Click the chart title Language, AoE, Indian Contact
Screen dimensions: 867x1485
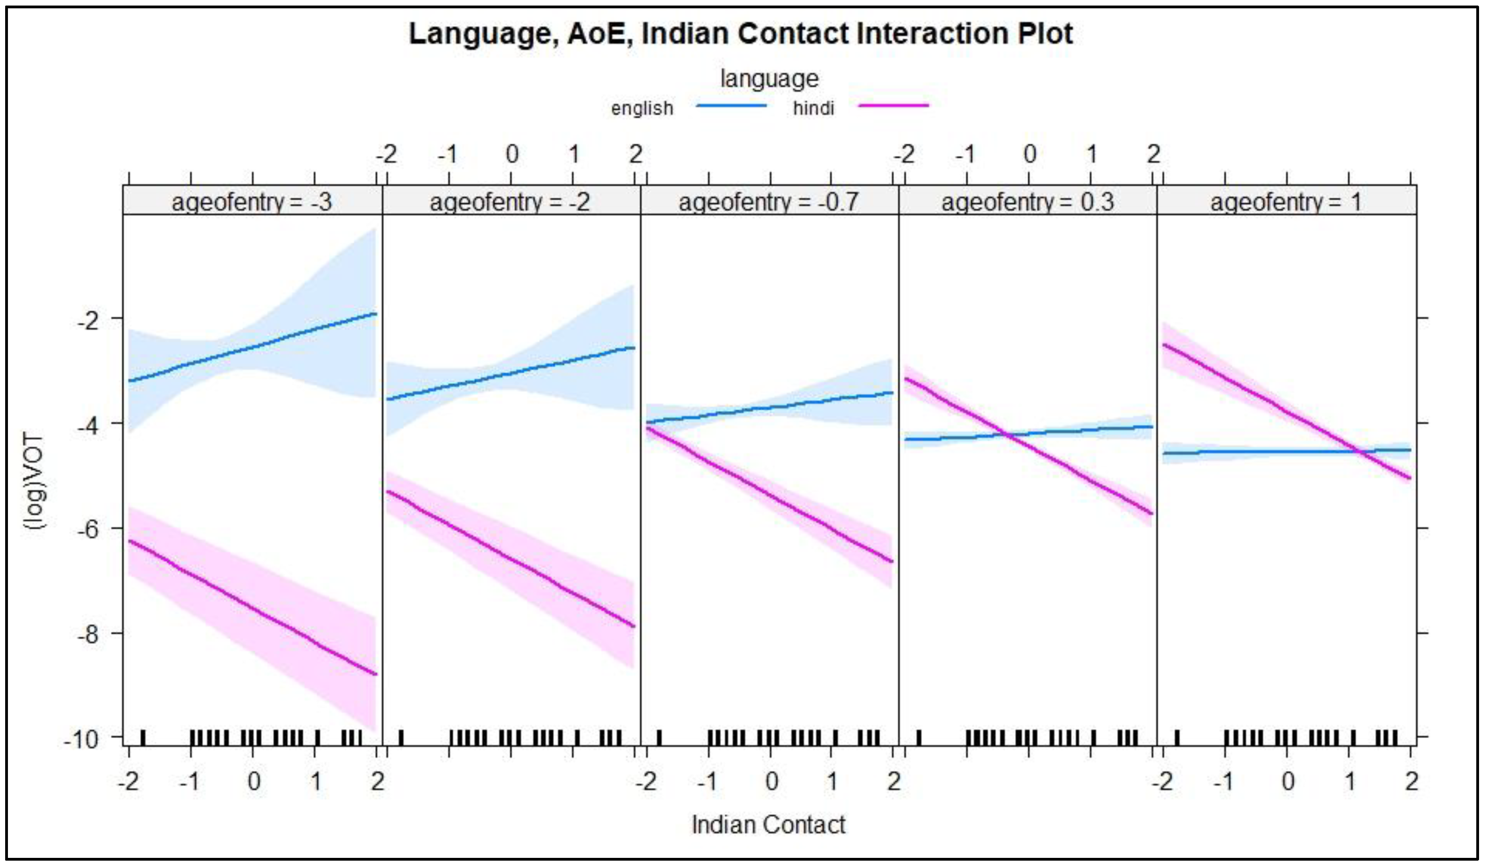pyautogui.click(x=740, y=34)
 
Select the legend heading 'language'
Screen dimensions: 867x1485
pyautogui.click(x=769, y=79)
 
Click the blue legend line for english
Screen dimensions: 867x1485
pyautogui.click(x=731, y=106)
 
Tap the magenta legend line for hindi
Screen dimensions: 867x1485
pyautogui.click(x=893, y=106)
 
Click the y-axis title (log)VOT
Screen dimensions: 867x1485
pyautogui.click(x=35, y=482)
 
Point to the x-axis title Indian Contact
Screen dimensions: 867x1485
pyautogui.click(x=768, y=825)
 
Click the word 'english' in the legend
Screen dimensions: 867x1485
pyautogui.click(x=642, y=108)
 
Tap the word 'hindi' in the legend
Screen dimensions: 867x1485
pyautogui.click(x=813, y=108)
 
